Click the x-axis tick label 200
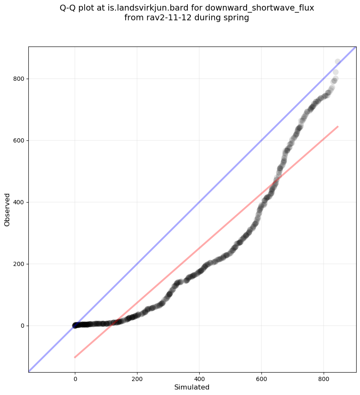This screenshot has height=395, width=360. [x=137, y=378]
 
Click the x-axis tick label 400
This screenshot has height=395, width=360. [x=199, y=378]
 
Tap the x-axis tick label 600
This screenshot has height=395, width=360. [x=261, y=378]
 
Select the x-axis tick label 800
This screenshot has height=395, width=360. [x=324, y=378]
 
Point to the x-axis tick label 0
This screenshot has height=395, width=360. [x=75, y=378]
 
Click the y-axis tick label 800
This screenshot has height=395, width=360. [x=19, y=79]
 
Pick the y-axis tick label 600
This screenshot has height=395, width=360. [x=19, y=140]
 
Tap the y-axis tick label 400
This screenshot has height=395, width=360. [x=19, y=202]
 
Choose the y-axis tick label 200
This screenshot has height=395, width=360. [x=19, y=264]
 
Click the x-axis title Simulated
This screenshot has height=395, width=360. [x=192, y=387]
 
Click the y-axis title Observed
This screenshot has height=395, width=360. [x=7, y=209]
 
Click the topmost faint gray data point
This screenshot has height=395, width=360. [x=338, y=62]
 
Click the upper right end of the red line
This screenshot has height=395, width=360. [x=338, y=126]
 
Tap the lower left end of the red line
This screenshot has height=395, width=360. [x=75, y=357]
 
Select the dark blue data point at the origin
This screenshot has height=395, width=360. [x=75, y=325]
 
